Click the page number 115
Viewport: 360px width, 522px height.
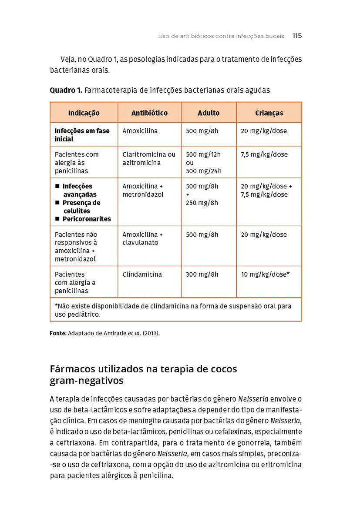297,36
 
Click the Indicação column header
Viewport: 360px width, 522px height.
84,113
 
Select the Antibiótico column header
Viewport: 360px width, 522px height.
149,113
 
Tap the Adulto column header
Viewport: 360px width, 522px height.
209,113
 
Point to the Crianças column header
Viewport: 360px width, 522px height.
269,113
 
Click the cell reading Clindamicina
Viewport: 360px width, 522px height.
142,274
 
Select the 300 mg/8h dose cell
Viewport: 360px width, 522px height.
202,274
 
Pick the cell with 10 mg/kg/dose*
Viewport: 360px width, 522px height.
266,274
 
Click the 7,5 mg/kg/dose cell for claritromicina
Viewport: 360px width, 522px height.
264,154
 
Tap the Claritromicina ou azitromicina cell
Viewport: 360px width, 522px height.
149,158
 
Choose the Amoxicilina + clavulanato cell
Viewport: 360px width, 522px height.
143,238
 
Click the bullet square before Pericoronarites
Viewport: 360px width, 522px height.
57,219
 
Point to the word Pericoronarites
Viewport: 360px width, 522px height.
87,219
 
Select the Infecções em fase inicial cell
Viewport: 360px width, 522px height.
82,135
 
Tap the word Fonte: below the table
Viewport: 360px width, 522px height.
58,334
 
